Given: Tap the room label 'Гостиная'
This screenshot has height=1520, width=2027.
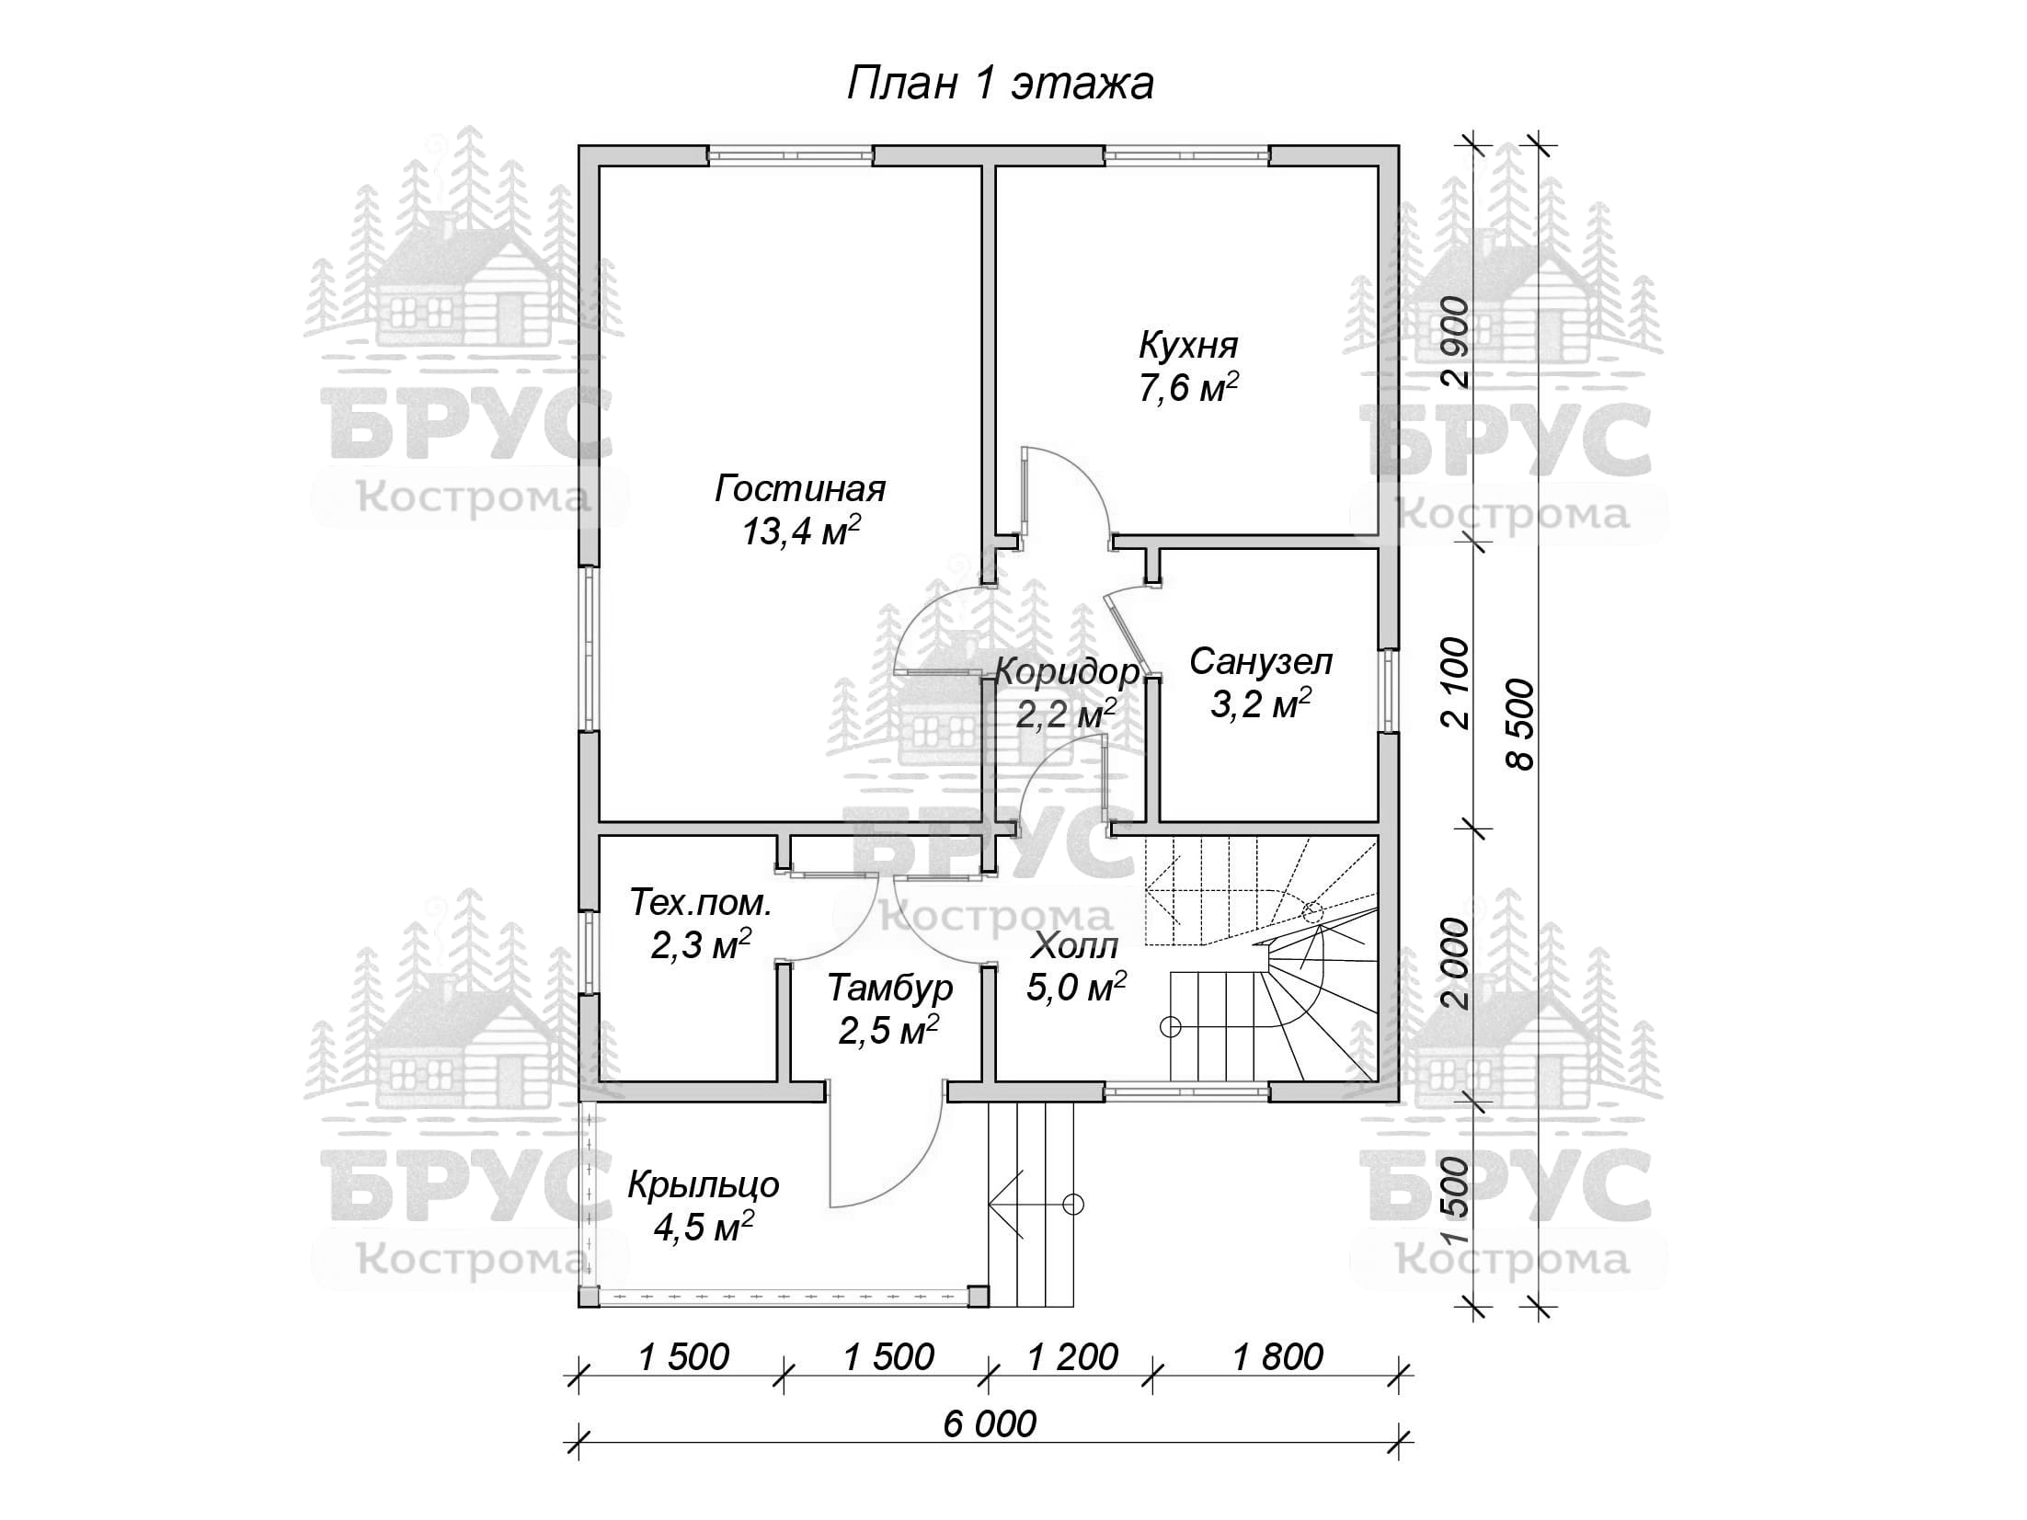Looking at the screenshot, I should (799, 488).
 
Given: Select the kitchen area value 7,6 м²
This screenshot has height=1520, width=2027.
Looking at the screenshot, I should (1187, 388).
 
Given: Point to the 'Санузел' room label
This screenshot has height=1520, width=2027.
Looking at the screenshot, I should (1260, 661).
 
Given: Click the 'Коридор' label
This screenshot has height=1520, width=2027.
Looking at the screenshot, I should (1066, 672).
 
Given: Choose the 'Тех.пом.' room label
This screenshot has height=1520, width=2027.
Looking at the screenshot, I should (700, 903).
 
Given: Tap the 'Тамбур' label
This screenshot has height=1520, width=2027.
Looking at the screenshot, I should (889, 989).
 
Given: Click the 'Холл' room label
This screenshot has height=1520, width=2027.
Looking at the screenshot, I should (1075, 945).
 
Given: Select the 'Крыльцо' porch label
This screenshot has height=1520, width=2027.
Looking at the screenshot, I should (703, 1184).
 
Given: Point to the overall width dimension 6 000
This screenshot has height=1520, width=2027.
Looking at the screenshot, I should (989, 1424).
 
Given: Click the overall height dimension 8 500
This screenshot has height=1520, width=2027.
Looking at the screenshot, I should (1522, 725).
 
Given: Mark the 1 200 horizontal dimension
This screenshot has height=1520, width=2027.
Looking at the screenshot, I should (1071, 1356).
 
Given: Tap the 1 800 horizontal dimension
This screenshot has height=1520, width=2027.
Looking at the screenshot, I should (1277, 1356).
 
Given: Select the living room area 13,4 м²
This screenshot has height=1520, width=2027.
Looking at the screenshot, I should (801, 531).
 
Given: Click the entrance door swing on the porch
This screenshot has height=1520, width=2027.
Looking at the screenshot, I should (883, 1159).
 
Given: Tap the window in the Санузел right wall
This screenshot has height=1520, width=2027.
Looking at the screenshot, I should (1389, 691).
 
